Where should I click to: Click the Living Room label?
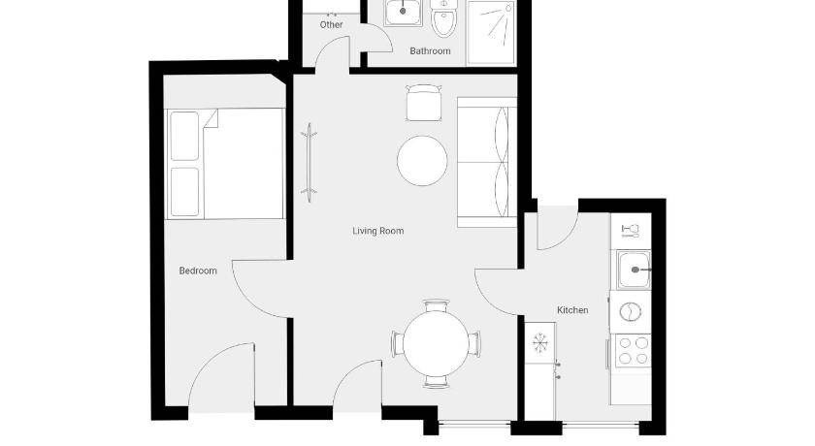pyautogui.click(x=377, y=231)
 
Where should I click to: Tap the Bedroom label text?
pyautogui.click(x=198, y=271)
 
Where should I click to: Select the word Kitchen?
pyautogui.click(x=572, y=310)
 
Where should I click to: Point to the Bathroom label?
pyautogui.click(x=430, y=50)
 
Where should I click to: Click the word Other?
pyautogui.click(x=331, y=24)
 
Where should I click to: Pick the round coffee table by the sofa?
pyautogui.click(x=422, y=161)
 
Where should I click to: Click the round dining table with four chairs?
pyautogui.click(x=436, y=344)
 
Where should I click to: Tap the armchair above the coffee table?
pyautogui.click(x=424, y=103)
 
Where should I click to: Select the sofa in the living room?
pyautogui.click(x=487, y=162)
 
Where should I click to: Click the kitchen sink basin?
pyautogui.click(x=634, y=270)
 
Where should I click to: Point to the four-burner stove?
pyautogui.click(x=633, y=351)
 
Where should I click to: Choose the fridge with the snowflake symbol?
pyautogui.click(x=540, y=342)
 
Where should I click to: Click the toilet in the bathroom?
pyautogui.click(x=443, y=17)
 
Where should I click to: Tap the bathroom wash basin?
pyautogui.click(x=403, y=12)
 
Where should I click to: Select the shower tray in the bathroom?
pyautogui.click(x=491, y=32)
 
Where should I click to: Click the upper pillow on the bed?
pyautogui.click(x=184, y=136)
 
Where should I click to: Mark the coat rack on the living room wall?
pyautogui.click(x=309, y=163)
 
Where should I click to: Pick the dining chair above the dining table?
pyautogui.click(x=436, y=305)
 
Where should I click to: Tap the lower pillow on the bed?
pyautogui.click(x=184, y=192)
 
